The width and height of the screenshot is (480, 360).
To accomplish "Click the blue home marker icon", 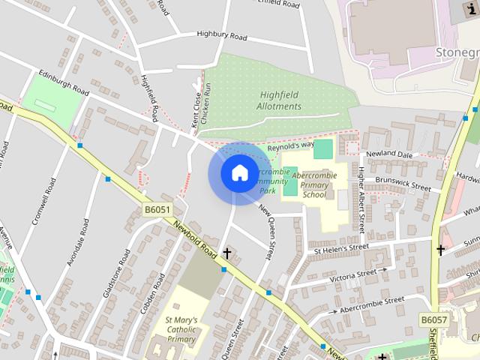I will click(238, 173).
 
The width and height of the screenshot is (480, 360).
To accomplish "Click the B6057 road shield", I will click(433, 320).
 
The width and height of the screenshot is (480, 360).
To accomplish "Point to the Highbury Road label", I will click(221, 34).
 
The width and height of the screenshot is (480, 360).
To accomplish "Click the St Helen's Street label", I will click(341, 247).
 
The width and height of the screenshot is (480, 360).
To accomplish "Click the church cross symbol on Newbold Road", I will click(226, 253).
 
